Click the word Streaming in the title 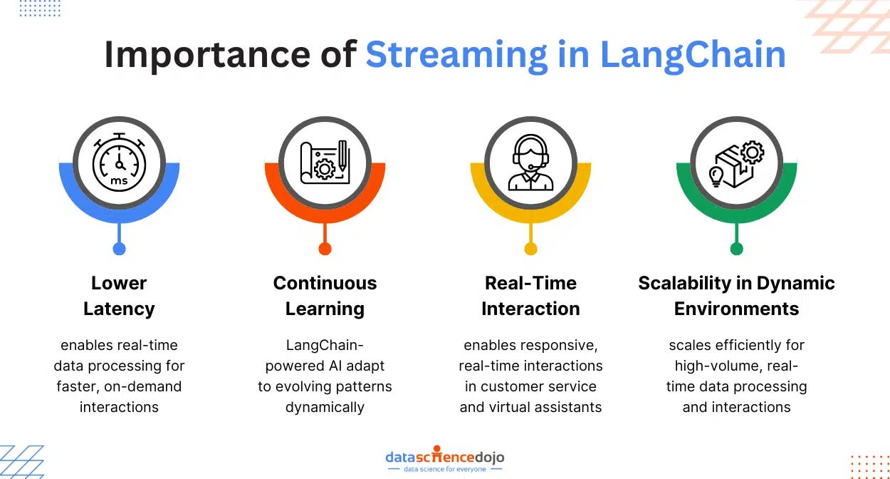pyautogui.click(x=456, y=55)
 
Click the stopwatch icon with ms pyautogui.click(x=119, y=163)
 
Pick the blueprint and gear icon pyautogui.click(x=325, y=163)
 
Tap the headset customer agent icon pyautogui.click(x=530, y=163)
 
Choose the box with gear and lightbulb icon pyautogui.click(x=736, y=163)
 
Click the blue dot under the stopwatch pyautogui.click(x=119, y=249)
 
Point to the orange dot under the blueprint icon pyautogui.click(x=325, y=249)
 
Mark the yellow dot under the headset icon pyautogui.click(x=530, y=249)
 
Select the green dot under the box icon pyautogui.click(x=736, y=249)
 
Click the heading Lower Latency pyautogui.click(x=119, y=296)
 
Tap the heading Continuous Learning pyautogui.click(x=325, y=296)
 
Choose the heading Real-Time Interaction pyautogui.click(x=530, y=296)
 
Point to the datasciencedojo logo pyautogui.click(x=444, y=456)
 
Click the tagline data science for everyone pyautogui.click(x=444, y=469)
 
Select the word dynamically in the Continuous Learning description pyautogui.click(x=325, y=408)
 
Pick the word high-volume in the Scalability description pyautogui.click(x=715, y=366)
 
